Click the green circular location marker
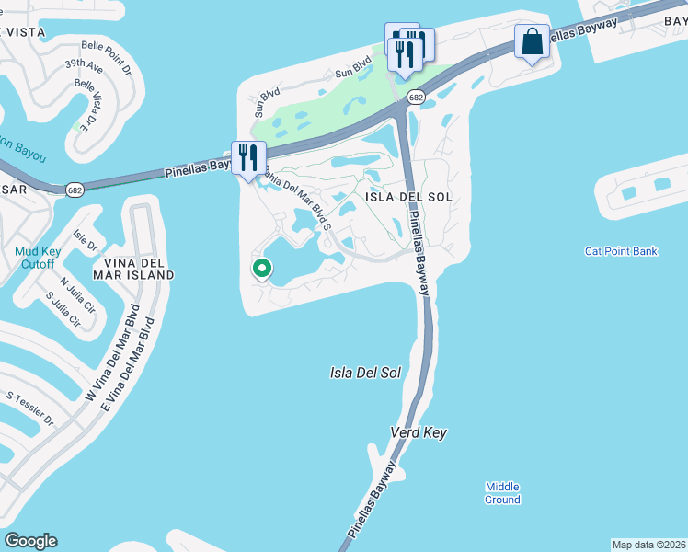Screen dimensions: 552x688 262,269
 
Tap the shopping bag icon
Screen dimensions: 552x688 532,41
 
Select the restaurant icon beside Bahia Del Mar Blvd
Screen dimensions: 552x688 247,157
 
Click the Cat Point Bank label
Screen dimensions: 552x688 621,251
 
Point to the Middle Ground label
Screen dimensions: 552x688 503,493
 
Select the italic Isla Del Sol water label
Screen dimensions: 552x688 365,373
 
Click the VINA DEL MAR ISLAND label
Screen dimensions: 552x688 133,268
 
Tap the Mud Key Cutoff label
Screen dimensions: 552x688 38,258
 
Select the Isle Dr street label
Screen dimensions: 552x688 85,242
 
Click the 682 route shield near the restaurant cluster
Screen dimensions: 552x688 415,97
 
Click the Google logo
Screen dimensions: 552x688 30,541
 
